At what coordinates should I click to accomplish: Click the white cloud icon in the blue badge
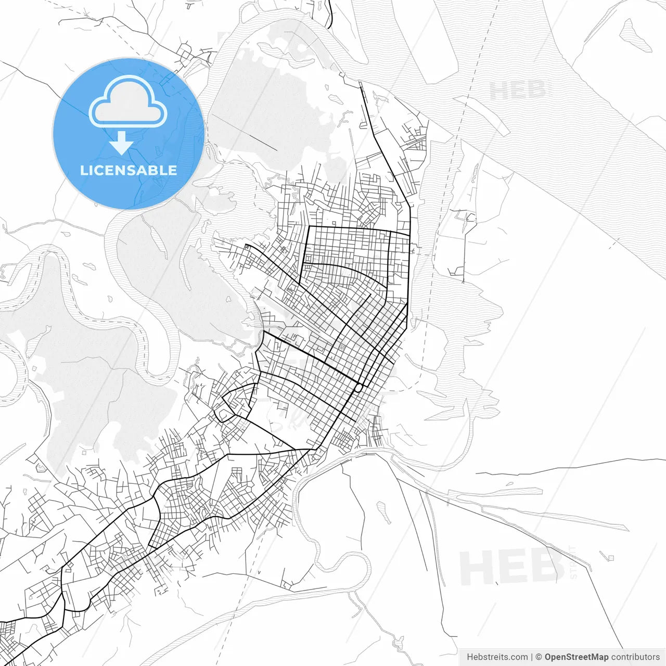128,102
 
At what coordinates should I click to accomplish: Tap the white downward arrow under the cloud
121,144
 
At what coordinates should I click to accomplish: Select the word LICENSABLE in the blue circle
128,170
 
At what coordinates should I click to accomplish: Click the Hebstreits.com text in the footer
497,657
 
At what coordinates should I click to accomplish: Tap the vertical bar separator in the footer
532,657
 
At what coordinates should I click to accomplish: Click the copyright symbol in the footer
539,657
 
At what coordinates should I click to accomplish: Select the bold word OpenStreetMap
577,657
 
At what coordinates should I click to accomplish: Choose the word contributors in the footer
635,657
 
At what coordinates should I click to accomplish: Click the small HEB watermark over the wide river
518,91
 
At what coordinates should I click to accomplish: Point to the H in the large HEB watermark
476,568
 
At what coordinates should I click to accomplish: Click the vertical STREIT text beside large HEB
573,562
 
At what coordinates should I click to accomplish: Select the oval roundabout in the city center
358,388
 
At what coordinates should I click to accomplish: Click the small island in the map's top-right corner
635,35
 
